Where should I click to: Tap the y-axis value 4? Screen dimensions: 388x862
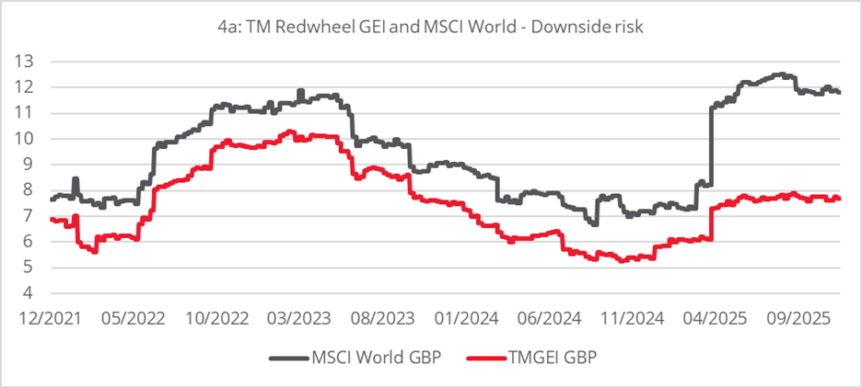point(39,294)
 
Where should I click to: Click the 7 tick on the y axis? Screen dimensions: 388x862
point(39,216)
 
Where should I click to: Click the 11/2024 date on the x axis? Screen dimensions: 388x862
point(616,317)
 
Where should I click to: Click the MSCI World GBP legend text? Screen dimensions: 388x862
point(365,358)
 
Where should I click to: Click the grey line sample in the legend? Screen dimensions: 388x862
point(288,358)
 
